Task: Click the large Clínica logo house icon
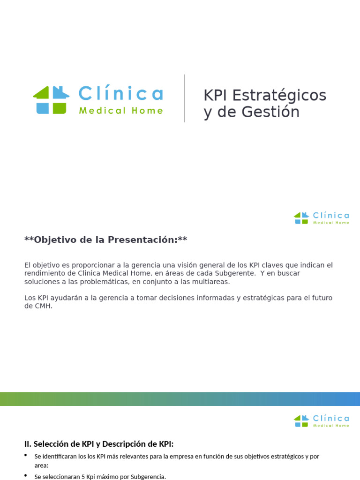point(51,99)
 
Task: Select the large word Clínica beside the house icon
point(120,94)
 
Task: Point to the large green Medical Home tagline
point(121,111)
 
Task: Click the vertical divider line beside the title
point(185,98)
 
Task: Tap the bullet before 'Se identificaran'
point(26,455)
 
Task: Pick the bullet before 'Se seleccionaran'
point(26,476)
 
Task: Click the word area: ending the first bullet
point(41,465)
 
